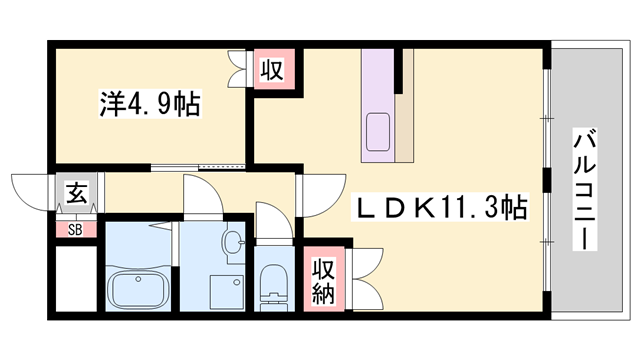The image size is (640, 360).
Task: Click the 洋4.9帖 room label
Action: tap(148, 103)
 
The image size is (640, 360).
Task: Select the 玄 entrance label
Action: tap(75, 192)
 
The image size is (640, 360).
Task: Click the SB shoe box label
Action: tap(75, 230)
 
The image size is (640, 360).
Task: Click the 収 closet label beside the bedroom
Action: tap(270, 71)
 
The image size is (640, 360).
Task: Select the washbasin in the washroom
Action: tap(233, 243)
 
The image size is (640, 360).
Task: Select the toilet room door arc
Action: tap(270, 221)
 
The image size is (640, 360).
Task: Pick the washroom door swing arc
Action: tap(199, 194)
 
